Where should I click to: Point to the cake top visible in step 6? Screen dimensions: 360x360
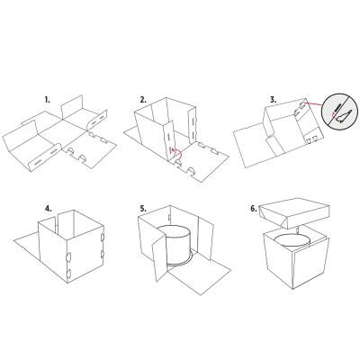[x=292, y=240]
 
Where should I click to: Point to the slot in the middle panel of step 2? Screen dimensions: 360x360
[x=168, y=133]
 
